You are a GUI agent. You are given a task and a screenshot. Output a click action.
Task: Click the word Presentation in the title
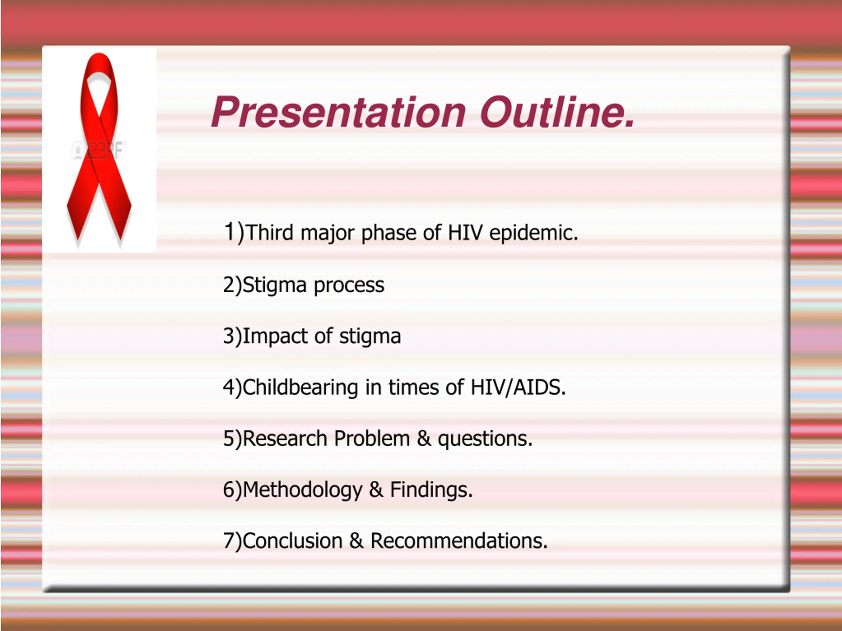click(338, 112)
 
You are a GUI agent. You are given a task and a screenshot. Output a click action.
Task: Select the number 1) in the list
click(233, 232)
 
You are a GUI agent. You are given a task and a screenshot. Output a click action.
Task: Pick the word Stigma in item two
click(274, 285)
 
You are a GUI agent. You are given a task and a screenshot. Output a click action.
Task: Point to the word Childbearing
click(300, 387)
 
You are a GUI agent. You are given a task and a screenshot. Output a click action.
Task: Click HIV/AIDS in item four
click(518, 387)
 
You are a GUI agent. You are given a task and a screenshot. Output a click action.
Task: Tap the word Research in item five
click(285, 438)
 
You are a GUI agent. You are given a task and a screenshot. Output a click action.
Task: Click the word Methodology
click(302, 490)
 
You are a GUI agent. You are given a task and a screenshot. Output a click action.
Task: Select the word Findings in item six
click(431, 490)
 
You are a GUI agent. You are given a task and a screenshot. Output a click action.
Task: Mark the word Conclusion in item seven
click(292, 541)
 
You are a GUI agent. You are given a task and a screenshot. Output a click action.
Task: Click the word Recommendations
click(459, 541)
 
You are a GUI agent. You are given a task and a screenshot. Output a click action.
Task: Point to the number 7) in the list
click(233, 541)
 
